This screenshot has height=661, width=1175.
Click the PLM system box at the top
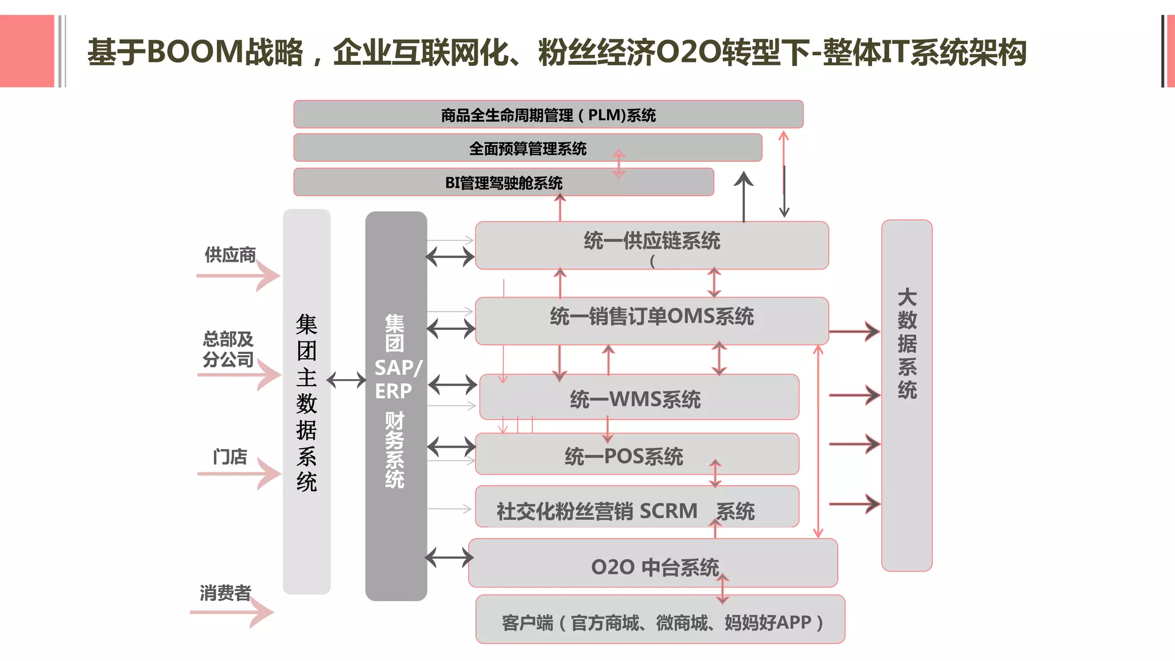tap(548, 115)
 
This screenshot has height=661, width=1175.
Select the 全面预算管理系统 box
tap(527, 148)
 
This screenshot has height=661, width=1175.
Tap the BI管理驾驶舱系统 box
tap(503, 182)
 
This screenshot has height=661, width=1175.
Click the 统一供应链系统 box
tap(652, 245)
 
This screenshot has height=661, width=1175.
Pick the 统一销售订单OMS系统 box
tap(652, 320)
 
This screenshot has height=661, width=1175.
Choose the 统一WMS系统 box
tap(639, 397)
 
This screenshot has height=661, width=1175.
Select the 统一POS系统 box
tap(637, 454)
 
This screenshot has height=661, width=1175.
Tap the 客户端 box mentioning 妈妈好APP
tap(660, 619)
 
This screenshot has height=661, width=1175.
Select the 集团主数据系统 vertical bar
tap(306, 402)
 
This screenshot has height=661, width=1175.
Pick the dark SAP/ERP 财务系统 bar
tap(396, 406)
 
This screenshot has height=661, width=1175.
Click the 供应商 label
tap(230, 255)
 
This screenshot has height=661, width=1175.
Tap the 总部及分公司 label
tap(228, 349)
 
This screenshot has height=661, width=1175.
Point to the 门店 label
tap(230, 457)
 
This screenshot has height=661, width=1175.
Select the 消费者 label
tap(225, 593)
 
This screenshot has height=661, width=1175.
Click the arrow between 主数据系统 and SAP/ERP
tap(347, 380)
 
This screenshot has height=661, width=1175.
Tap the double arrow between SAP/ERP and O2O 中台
tap(449, 557)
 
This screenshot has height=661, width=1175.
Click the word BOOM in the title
tap(195, 52)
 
